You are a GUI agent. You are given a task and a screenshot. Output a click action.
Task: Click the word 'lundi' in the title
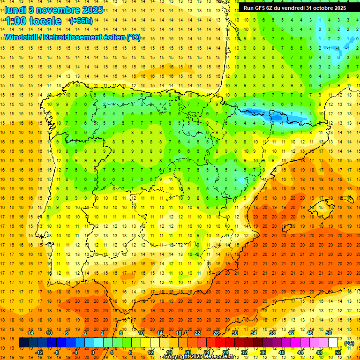(15, 9)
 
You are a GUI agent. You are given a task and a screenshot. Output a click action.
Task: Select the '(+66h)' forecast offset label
(81, 21)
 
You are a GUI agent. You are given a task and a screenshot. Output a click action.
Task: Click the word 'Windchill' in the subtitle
(21, 37)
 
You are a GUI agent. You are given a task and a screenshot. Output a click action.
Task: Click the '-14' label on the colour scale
(30, 333)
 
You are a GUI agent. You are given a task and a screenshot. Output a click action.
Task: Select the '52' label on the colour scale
(338, 352)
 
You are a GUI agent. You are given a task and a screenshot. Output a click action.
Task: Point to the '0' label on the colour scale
(93, 352)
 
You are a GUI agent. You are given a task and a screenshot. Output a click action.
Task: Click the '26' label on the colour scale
(216, 333)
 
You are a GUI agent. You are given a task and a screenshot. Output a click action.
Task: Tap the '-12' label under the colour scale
(39, 352)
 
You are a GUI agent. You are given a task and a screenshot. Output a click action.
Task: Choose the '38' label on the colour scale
(272, 333)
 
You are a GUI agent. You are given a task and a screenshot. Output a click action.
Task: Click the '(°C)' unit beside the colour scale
(349, 343)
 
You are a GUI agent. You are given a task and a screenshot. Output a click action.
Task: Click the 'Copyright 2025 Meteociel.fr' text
(199, 357)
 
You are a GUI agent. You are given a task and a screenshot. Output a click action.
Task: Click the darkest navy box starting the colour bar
(23, 343)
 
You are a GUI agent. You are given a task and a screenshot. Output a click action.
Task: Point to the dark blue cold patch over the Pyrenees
(262, 113)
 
